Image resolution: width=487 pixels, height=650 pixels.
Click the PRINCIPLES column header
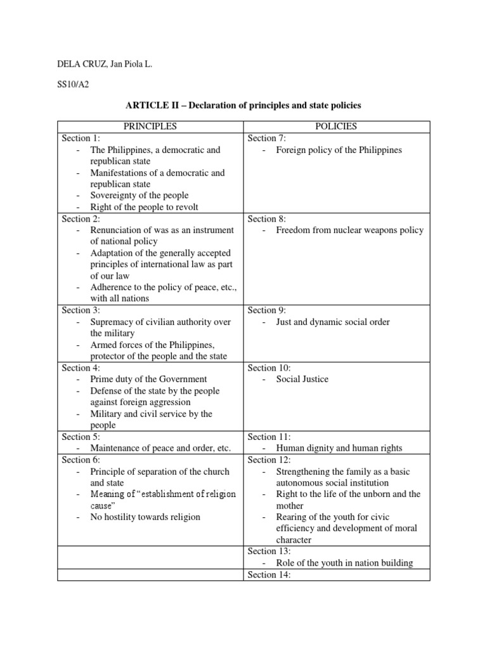[x=150, y=126]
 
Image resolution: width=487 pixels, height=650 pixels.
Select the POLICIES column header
[x=336, y=126]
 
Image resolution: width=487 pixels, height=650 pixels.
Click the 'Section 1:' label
[x=81, y=138]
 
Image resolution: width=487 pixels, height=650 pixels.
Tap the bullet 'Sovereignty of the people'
[x=139, y=196]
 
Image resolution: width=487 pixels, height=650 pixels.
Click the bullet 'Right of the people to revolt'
[x=144, y=207]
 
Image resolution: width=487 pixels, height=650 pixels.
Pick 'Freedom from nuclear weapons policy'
[x=349, y=230]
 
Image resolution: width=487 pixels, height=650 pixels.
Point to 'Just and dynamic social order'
[x=333, y=322]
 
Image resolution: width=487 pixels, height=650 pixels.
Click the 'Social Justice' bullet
[x=302, y=379]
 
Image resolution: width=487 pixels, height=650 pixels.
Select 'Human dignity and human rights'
[x=339, y=448]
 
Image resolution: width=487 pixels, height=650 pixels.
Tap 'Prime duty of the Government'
[x=140, y=379]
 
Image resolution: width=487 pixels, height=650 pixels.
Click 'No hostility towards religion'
[x=145, y=517]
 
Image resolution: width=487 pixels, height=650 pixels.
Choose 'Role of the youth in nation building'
[x=344, y=562]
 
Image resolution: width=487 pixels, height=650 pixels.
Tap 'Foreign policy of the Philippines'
[x=339, y=150]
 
